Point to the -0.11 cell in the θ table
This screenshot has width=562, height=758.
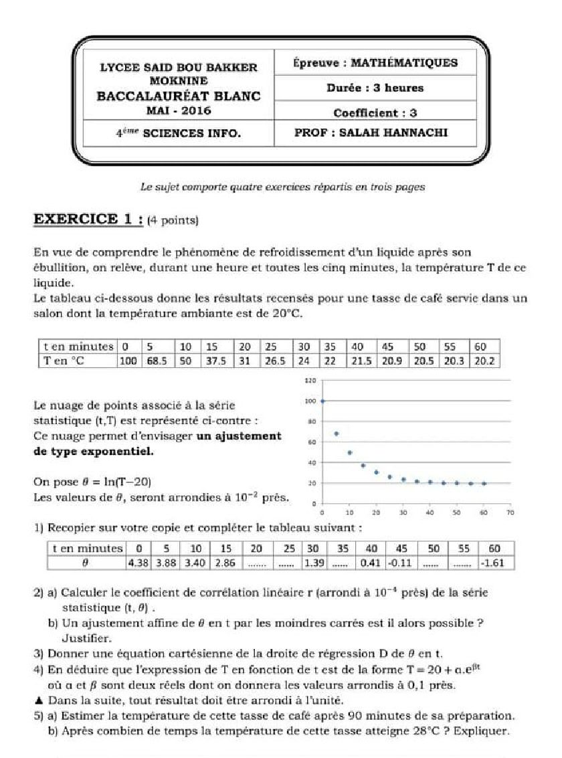pos(400,563)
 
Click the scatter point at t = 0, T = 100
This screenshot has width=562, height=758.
pos(323,401)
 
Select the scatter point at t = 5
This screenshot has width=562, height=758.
pos(336,434)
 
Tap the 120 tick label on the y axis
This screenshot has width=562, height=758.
pos(309,381)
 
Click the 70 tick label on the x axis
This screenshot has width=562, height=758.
pos(510,513)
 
